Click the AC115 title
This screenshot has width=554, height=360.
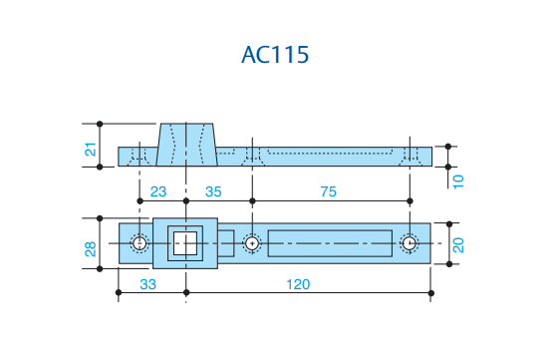(x=275, y=55)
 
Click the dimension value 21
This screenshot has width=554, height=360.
(x=91, y=150)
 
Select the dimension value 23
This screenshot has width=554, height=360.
(x=158, y=191)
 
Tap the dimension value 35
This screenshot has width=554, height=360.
(x=213, y=191)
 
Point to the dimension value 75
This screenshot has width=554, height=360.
(x=329, y=191)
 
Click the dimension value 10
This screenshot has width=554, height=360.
(x=458, y=181)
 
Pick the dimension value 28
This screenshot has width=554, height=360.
(x=91, y=249)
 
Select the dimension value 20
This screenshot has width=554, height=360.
(x=458, y=245)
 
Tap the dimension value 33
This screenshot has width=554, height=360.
(x=148, y=284)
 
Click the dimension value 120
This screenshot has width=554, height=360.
(x=298, y=284)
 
